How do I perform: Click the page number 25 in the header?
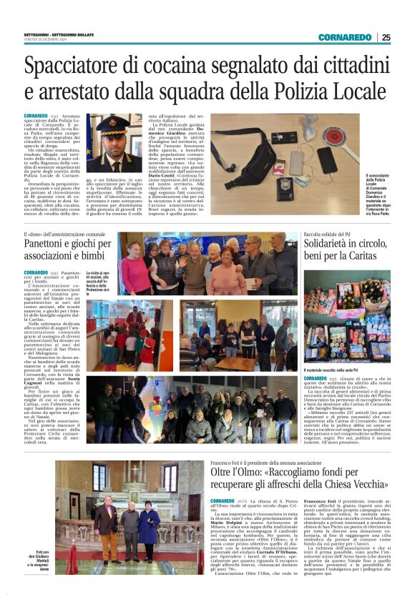click(x=386, y=37)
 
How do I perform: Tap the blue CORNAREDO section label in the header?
click(x=345, y=37)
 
